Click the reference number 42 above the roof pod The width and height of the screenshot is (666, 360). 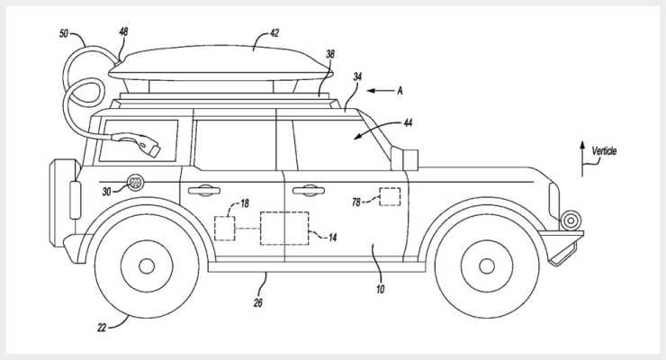(274, 33)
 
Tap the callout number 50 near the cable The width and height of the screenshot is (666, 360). (64, 33)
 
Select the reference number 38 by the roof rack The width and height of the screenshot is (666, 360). (330, 54)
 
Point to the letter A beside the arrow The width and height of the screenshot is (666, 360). (400, 90)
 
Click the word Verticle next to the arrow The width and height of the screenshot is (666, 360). (604, 150)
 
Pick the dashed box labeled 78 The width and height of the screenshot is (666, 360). (390, 197)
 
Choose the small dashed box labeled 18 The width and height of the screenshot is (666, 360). (225, 229)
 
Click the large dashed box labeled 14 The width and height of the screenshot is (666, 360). (284, 229)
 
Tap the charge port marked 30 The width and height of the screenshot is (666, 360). (136, 183)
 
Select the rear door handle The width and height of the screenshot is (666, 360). (204, 191)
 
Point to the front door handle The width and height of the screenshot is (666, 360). (309, 191)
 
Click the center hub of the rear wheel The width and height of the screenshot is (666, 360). (147, 266)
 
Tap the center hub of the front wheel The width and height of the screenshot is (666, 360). (486, 266)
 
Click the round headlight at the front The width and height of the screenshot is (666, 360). (571, 220)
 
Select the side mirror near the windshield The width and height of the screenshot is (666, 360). (404, 158)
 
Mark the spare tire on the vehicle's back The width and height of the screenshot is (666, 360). (65, 202)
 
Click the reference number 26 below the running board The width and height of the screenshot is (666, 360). (257, 302)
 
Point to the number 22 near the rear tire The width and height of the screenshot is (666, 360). (102, 328)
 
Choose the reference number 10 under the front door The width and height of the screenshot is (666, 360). (380, 289)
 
